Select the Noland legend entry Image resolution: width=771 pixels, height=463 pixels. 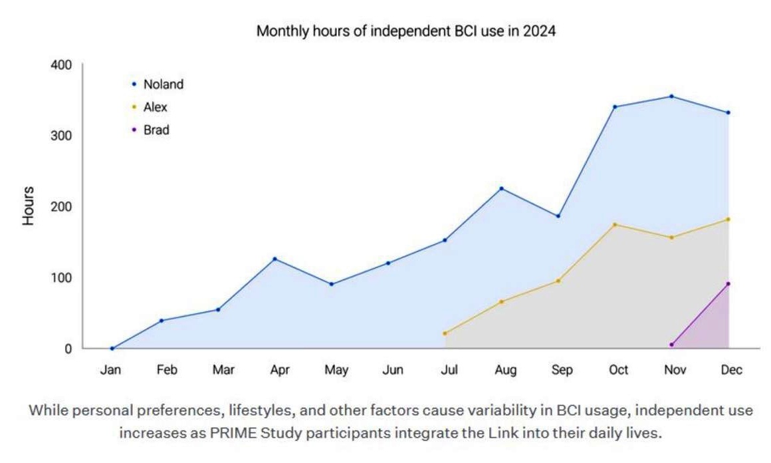(163, 84)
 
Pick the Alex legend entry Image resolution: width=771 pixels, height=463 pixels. (155, 107)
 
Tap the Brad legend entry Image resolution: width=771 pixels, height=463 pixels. (156, 130)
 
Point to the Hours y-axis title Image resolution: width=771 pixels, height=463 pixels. (28, 206)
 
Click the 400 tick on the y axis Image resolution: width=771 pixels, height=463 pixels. (59, 65)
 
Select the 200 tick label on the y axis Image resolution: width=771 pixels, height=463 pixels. (59, 206)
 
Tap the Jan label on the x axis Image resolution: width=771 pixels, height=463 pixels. (110, 371)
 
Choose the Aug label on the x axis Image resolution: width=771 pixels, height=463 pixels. (506, 371)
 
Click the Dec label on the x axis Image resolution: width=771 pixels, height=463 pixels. (730, 371)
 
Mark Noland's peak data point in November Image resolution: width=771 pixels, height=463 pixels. (672, 96)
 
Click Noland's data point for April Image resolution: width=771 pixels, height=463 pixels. (275, 259)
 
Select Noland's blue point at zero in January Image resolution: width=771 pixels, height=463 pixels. (112, 348)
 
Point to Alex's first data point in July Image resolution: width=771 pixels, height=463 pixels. (445, 333)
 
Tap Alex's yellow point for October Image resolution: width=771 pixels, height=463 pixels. (615, 225)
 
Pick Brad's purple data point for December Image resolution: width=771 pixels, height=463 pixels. (728, 284)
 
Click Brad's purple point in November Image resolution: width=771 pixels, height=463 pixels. (672, 345)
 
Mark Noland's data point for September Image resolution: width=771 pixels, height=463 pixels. (558, 216)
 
